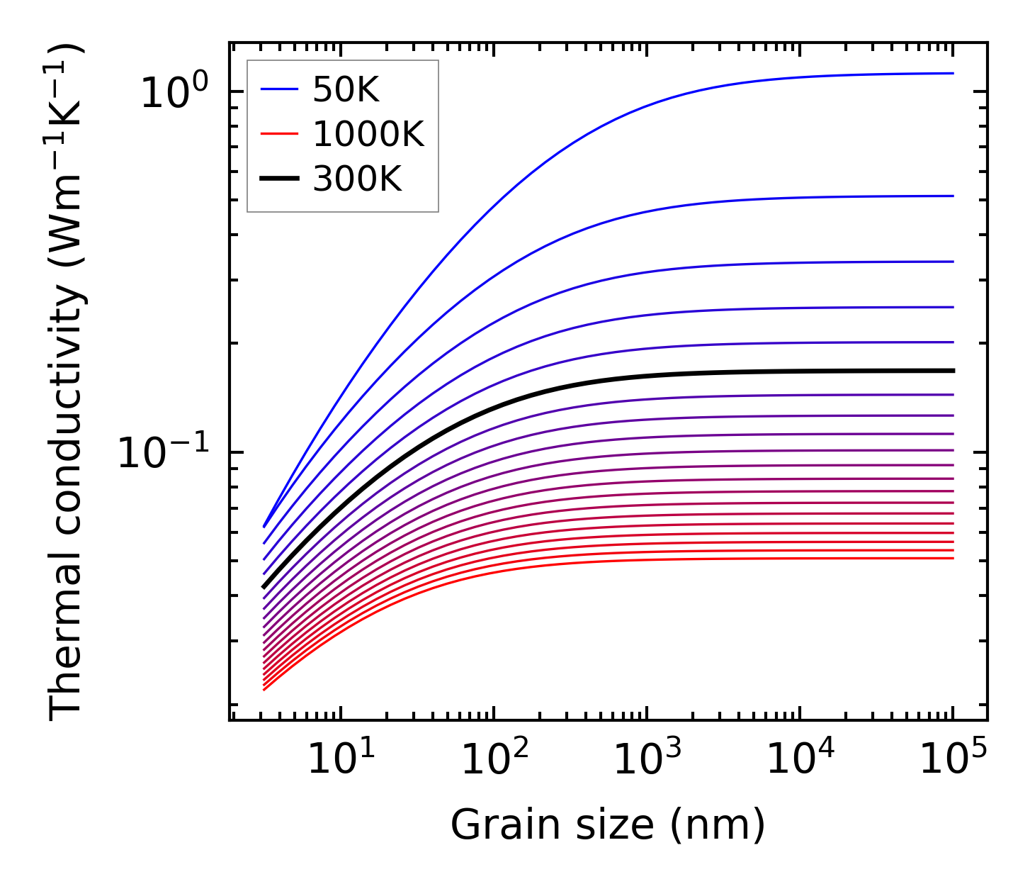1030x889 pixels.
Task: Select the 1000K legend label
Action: tap(368, 134)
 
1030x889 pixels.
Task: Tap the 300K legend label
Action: tap(357, 179)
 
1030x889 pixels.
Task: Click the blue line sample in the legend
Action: tap(278, 89)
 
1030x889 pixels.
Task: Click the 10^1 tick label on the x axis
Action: tap(341, 761)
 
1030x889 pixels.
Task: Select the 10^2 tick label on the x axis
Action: tap(494, 761)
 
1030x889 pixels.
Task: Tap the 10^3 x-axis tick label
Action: tap(647, 761)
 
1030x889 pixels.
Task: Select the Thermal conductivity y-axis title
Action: tap(67, 383)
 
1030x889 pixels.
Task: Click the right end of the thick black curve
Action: tap(953, 371)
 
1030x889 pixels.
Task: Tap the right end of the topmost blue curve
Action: tap(953, 73)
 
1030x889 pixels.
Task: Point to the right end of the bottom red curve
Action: tap(953, 559)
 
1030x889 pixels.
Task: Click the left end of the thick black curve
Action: tap(264, 587)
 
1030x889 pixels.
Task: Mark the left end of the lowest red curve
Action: tap(264, 689)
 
